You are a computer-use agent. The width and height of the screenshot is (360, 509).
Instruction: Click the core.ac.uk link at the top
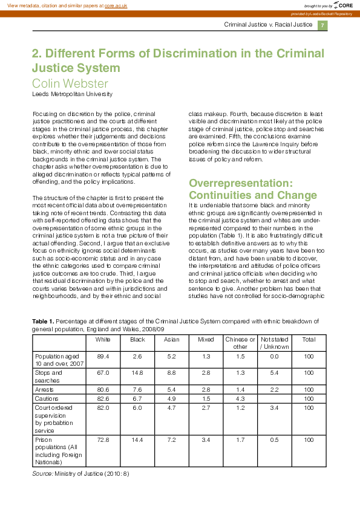[116, 5]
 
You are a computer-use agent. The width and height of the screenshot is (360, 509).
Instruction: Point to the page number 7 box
[322, 25]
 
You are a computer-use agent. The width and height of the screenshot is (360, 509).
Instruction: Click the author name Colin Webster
[70, 83]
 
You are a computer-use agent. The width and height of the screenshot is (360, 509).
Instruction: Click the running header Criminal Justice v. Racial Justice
[267, 25]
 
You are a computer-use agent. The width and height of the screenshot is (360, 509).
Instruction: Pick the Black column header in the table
[137, 339]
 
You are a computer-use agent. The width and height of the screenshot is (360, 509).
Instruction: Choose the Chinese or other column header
[240, 343]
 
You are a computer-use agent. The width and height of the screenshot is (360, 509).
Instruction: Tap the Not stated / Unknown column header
[275, 343]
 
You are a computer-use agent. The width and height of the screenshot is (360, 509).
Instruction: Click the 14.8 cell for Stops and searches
[137, 373]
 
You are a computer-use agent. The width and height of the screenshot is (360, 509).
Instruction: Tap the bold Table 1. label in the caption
[43, 321]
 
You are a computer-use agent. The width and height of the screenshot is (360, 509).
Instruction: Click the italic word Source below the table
[42, 473]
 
